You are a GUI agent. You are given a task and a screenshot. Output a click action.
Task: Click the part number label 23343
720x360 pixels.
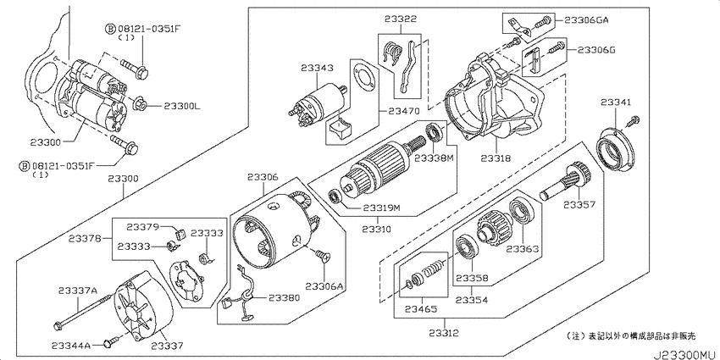(x=318, y=68)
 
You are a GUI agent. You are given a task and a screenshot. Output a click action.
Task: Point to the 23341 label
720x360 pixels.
(x=617, y=102)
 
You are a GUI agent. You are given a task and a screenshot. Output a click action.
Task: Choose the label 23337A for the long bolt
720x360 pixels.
(x=78, y=291)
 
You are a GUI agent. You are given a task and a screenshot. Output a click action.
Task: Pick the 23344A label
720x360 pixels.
(x=72, y=345)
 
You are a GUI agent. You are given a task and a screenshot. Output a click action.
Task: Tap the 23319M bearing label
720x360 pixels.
(x=381, y=208)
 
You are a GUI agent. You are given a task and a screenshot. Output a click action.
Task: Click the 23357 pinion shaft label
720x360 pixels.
(x=579, y=205)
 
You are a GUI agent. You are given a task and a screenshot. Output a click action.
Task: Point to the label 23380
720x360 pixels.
(x=284, y=297)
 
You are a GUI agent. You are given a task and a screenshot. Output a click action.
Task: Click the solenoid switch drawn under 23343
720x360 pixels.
(x=317, y=104)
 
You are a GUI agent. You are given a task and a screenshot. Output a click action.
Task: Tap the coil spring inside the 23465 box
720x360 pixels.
(x=434, y=269)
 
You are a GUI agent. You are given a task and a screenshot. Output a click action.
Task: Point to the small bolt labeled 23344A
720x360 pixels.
(x=112, y=341)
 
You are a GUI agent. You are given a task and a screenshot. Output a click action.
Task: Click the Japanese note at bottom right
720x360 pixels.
(x=631, y=336)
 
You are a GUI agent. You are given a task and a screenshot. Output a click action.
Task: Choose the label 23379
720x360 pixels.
(x=143, y=227)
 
